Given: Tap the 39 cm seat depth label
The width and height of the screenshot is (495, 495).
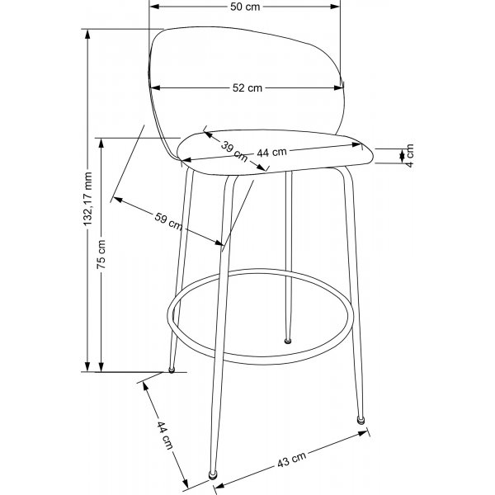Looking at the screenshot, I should point(232,149).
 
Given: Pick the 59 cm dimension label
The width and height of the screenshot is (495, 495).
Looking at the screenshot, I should point(168,221).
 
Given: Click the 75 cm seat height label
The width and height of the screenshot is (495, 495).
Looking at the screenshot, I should point(101,253).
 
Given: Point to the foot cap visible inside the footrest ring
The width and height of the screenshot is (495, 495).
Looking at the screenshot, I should point(288,337).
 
